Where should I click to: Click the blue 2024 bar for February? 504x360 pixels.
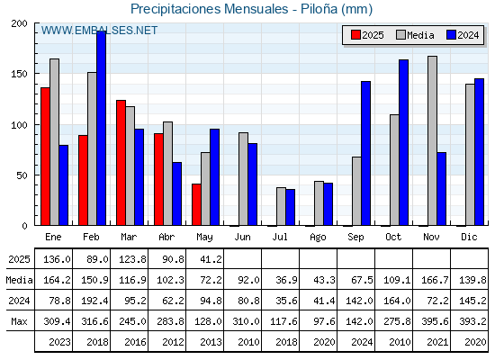[x=101, y=128]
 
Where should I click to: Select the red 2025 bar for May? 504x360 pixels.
[x=196, y=204]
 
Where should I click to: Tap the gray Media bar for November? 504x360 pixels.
[x=432, y=140]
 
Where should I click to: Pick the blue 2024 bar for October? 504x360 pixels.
[x=404, y=142]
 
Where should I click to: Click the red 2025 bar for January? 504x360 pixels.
[x=45, y=157]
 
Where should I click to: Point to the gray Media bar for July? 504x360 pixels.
[x=281, y=206]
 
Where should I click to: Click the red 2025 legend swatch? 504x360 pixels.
[x=355, y=35]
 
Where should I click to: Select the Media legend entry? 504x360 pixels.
[x=415, y=35]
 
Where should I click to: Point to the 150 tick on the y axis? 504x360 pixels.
[x=20, y=74]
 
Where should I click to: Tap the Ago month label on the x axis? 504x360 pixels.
[x=318, y=238]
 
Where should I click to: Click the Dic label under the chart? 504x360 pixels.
[x=469, y=237]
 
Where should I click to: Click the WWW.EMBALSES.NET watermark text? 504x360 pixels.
[x=99, y=31]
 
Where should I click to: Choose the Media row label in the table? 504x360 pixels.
[x=19, y=280]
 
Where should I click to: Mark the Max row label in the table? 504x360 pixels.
[x=19, y=321]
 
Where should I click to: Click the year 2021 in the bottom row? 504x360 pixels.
[x=437, y=342]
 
